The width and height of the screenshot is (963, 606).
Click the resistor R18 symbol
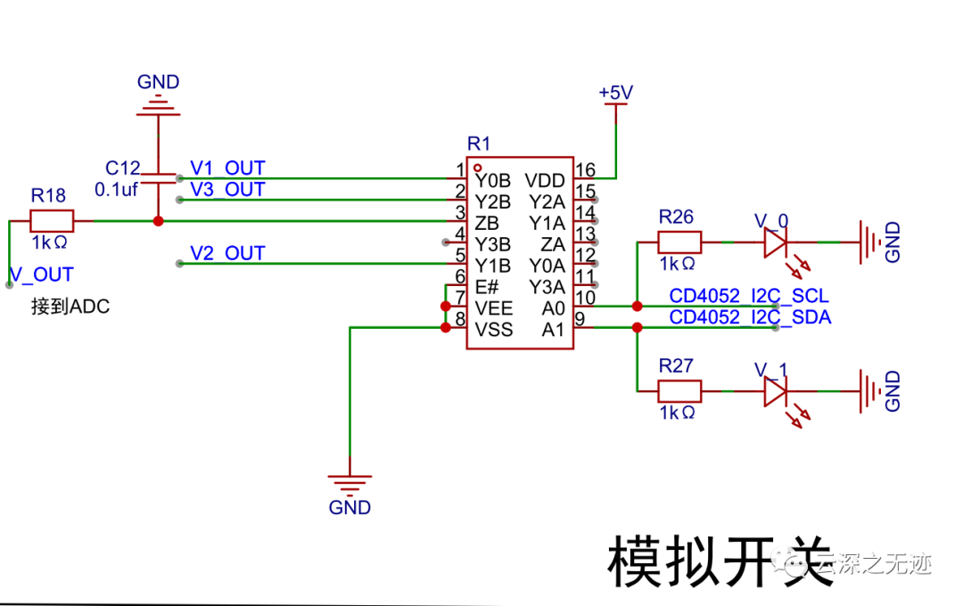[x=52, y=220]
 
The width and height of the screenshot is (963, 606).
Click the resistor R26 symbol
[x=679, y=242]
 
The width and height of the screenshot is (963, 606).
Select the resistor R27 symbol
[x=679, y=390]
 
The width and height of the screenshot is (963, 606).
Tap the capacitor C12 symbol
[x=158, y=177]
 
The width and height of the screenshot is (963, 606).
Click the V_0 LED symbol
[x=775, y=242]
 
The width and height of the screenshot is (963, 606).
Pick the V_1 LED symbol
[x=775, y=390]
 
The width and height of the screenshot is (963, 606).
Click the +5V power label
[x=615, y=93]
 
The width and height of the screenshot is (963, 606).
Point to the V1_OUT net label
[x=227, y=168]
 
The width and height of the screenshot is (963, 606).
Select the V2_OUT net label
[x=227, y=254]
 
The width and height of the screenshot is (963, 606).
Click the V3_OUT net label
[x=227, y=190]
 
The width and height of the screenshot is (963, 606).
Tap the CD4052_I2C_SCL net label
[x=749, y=296]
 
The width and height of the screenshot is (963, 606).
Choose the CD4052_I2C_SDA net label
[x=749, y=317]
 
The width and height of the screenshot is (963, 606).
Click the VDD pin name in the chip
[x=544, y=180]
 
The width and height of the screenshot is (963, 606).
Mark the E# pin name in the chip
[x=486, y=287]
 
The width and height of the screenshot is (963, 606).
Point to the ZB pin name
[x=486, y=223]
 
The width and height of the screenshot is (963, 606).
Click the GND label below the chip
[x=350, y=508]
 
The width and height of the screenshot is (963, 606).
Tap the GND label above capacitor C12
[x=158, y=82]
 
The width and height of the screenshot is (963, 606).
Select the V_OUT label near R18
[x=41, y=274]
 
